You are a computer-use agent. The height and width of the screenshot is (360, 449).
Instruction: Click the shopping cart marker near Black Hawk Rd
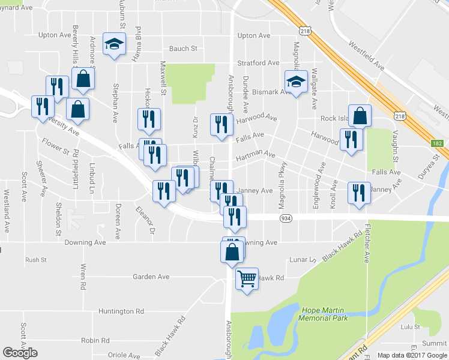point(247,278)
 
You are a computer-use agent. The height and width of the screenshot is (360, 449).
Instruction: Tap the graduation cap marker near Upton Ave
point(114,44)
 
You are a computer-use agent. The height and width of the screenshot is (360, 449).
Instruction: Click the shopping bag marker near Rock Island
point(360,116)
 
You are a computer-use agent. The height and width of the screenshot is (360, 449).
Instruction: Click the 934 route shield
point(286,220)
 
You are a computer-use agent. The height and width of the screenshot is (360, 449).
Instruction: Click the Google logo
point(20,353)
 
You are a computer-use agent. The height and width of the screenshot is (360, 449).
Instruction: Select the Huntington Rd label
point(122,311)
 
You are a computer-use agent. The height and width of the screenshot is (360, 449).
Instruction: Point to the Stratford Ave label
point(258,62)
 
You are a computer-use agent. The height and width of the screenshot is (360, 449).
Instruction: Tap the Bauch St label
point(183,49)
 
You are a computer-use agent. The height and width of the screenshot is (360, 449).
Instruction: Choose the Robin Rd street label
point(95,340)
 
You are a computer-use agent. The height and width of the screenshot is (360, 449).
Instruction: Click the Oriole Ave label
point(125,355)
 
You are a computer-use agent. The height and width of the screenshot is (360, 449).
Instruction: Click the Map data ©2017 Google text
point(412,355)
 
